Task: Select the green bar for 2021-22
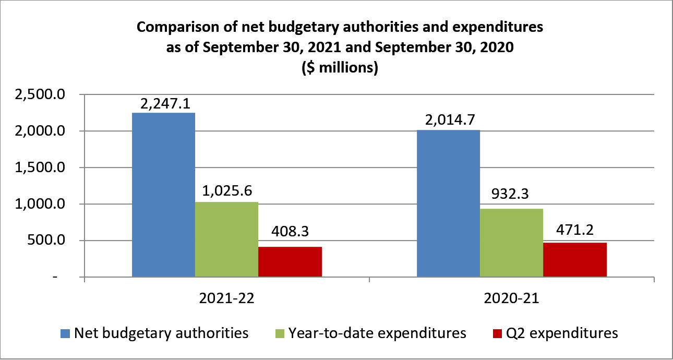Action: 226,239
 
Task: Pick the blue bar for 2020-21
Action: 448,203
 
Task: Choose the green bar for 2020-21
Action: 511,243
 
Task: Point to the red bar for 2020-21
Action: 574,259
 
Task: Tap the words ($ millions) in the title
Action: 340,68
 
